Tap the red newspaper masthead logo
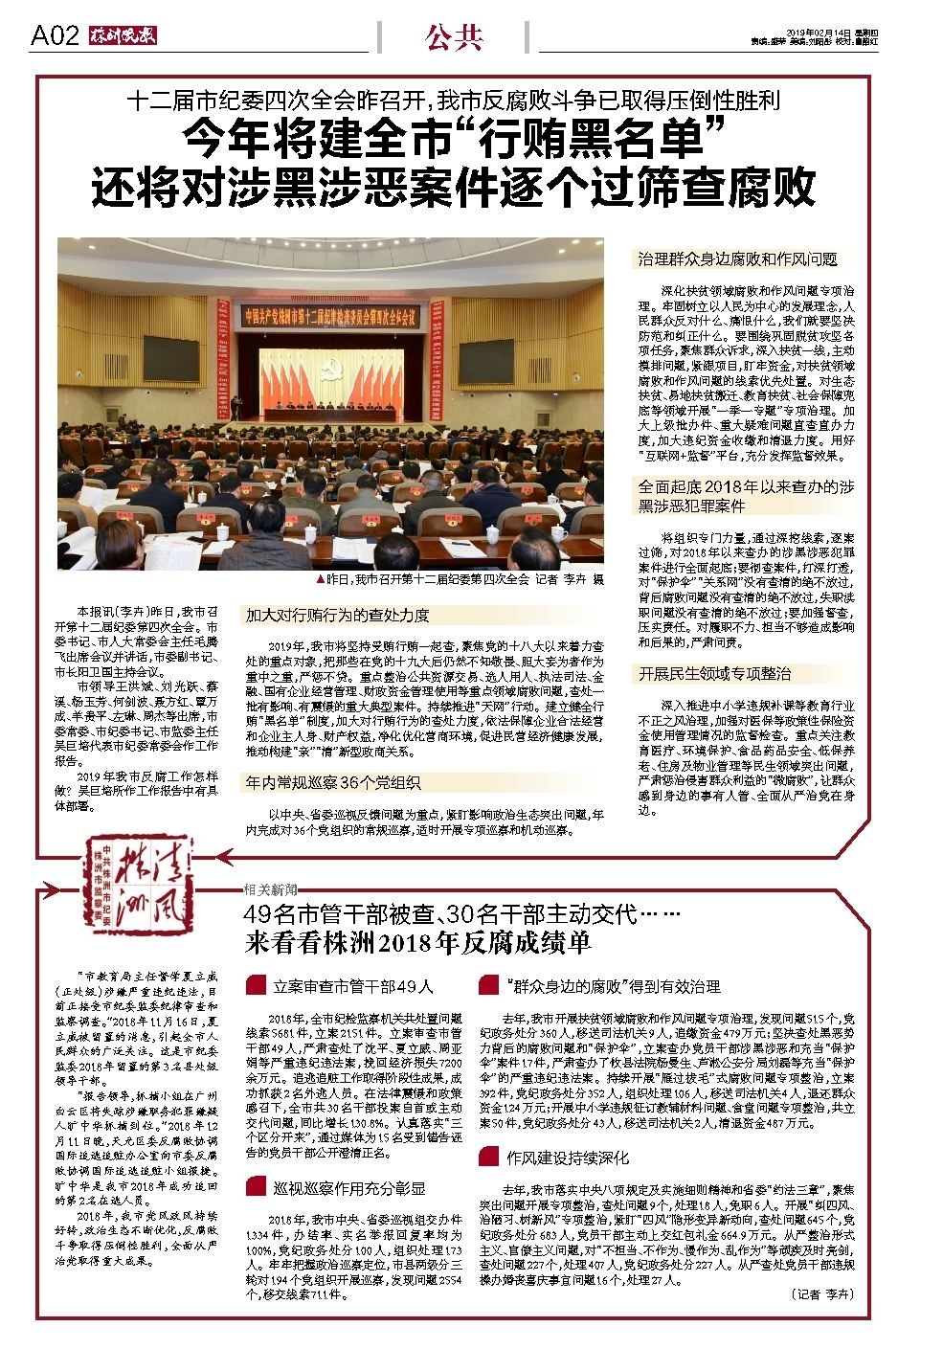[x=123, y=36]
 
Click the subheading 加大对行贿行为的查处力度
[x=338, y=615]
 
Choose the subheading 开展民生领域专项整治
[x=715, y=674]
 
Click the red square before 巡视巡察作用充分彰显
[x=255, y=1187]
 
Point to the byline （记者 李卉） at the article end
[x=822, y=1293]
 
